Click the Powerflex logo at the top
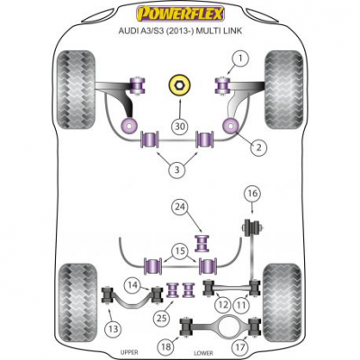[181, 13]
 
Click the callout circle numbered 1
[240, 58]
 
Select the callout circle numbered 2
[258, 147]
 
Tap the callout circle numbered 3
[177, 170]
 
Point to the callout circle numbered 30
[180, 127]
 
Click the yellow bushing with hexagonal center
[178, 85]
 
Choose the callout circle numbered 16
[253, 193]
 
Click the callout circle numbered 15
[181, 251]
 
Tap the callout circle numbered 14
[133, 284]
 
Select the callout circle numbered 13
[113, 329]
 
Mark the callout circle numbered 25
[162, 318]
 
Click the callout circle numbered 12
[222, 305]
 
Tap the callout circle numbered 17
[240, 347]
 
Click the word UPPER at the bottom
[129, 352]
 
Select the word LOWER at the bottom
[203, 353]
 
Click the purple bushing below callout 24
[202, 243]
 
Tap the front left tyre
[76, 90]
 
